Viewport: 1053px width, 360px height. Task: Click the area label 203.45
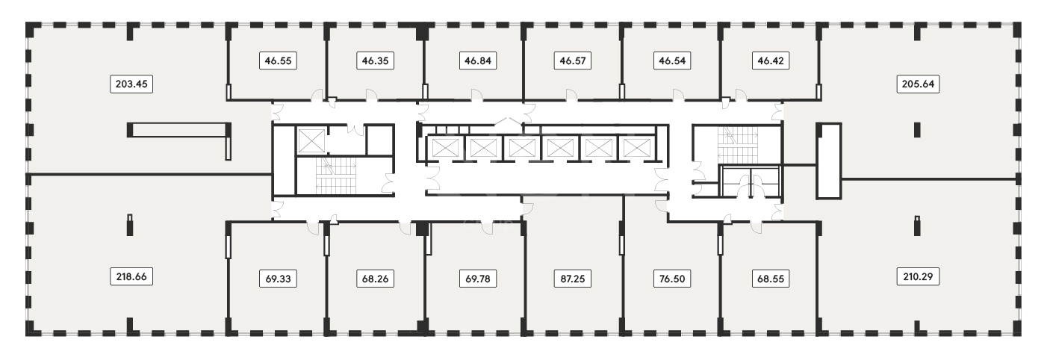(131, 84)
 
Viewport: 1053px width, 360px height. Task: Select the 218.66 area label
(131, 276)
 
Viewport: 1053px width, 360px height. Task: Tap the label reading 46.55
(279, 60)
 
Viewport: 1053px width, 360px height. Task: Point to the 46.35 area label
(375, 60)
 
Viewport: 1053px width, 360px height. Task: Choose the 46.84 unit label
(478, 60)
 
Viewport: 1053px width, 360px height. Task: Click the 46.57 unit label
(573, 60)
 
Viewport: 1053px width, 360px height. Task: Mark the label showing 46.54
(672, 60)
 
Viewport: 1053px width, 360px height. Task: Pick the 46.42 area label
(771, 60)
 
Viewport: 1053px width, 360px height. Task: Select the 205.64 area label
(918, 84)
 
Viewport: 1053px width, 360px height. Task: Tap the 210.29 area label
(918, 276)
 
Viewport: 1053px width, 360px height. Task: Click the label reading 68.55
(771, 279)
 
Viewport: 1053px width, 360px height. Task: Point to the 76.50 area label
(672, 279)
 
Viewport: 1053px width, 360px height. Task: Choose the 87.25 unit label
(573, 279)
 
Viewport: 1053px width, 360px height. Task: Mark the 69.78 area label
(478, 279)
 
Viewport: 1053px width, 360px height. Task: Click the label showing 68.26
(375, 279)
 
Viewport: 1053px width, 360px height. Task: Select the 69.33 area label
(279, 279)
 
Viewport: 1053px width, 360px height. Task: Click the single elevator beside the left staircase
(311, 140)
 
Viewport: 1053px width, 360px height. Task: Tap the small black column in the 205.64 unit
(917, 130)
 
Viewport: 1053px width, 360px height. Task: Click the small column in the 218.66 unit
(130, 225)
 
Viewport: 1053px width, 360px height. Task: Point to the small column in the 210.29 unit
(917, 226)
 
